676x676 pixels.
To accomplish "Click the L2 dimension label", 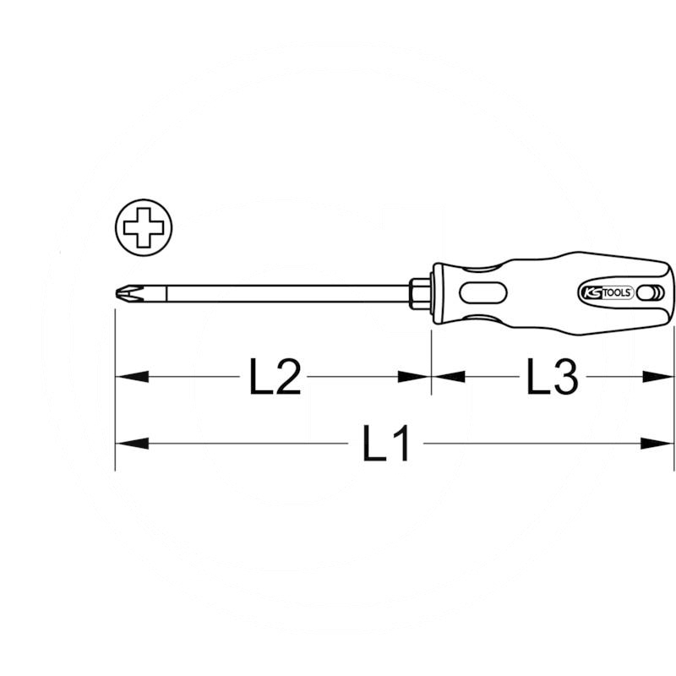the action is click(x=275, y=377).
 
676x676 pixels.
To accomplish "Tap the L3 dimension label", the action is click(x=553, y=377).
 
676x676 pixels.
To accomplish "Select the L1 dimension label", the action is click(x=386, y=443).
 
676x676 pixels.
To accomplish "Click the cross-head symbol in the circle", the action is click(x=144, y=227).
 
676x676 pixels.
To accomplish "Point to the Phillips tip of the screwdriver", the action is click(x=125, y=293).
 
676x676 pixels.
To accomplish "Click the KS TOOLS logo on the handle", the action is click(x=607, y=292).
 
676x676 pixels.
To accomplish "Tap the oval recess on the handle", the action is click(x=483, y=293).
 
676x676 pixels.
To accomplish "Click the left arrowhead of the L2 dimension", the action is click(x=132, y=377).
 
